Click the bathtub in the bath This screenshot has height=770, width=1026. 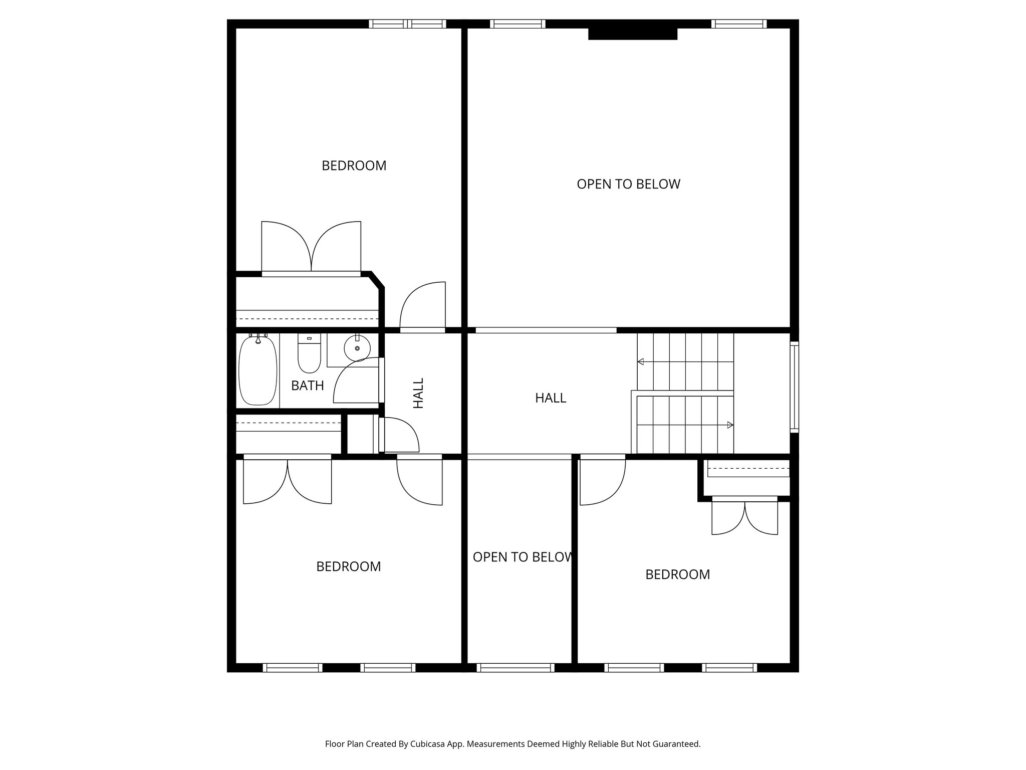tap(258, 371)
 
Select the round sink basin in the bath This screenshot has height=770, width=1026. tap(357, 347)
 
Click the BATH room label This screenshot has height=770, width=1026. tap(307, 386)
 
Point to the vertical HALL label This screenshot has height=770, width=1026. tap(418, 393)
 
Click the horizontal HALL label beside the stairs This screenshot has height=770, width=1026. tap(550, 398)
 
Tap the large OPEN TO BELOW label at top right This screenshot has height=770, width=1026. tap(628, 184)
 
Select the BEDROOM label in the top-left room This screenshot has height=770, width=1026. tap(354, 165)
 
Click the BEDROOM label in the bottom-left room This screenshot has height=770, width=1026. tap(348, 566)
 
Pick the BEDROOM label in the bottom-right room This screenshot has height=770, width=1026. tap(677, 574)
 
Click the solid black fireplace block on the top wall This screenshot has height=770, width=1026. tap(632, 34)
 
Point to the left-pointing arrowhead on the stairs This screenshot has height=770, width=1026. tap(641, 361)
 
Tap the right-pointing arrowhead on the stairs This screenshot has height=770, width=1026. tap(730, 425)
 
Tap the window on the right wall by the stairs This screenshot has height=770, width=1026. tap(794, 387)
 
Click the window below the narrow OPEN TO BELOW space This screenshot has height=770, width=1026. tap(515, 668)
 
